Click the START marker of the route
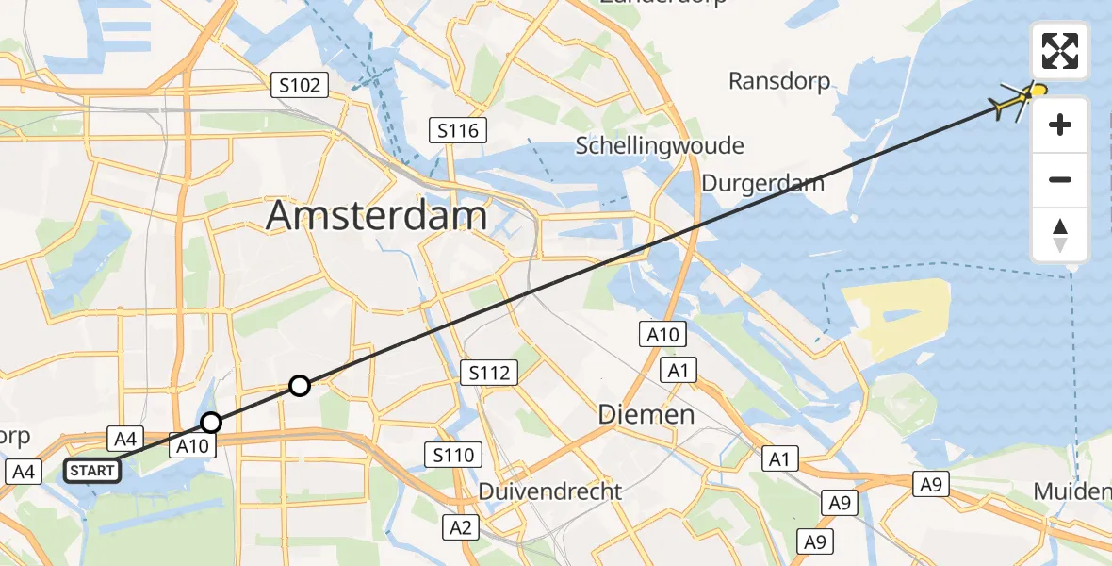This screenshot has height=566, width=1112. coord(93,470)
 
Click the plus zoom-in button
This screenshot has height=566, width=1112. coord(1060,125)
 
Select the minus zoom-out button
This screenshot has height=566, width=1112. coord(1060,179)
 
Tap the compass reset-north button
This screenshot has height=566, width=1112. coord(1060,235)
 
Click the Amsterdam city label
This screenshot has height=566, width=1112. coord(376,216)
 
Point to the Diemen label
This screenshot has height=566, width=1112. coord(646,414)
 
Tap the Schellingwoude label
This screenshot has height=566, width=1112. coord(659,146)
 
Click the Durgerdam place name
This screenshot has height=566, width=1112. coord(762,184)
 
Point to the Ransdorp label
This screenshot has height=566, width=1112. coord(779,81)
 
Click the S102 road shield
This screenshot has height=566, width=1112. coord(300,86)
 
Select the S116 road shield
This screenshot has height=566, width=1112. coord(457,130)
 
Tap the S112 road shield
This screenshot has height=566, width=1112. coord(490,373)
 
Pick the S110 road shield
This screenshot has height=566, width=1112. coord(452,457)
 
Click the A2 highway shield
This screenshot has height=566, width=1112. coord(460,527)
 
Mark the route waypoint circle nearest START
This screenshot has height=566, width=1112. coord(211,422)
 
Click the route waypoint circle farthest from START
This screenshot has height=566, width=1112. coord(299,385)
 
